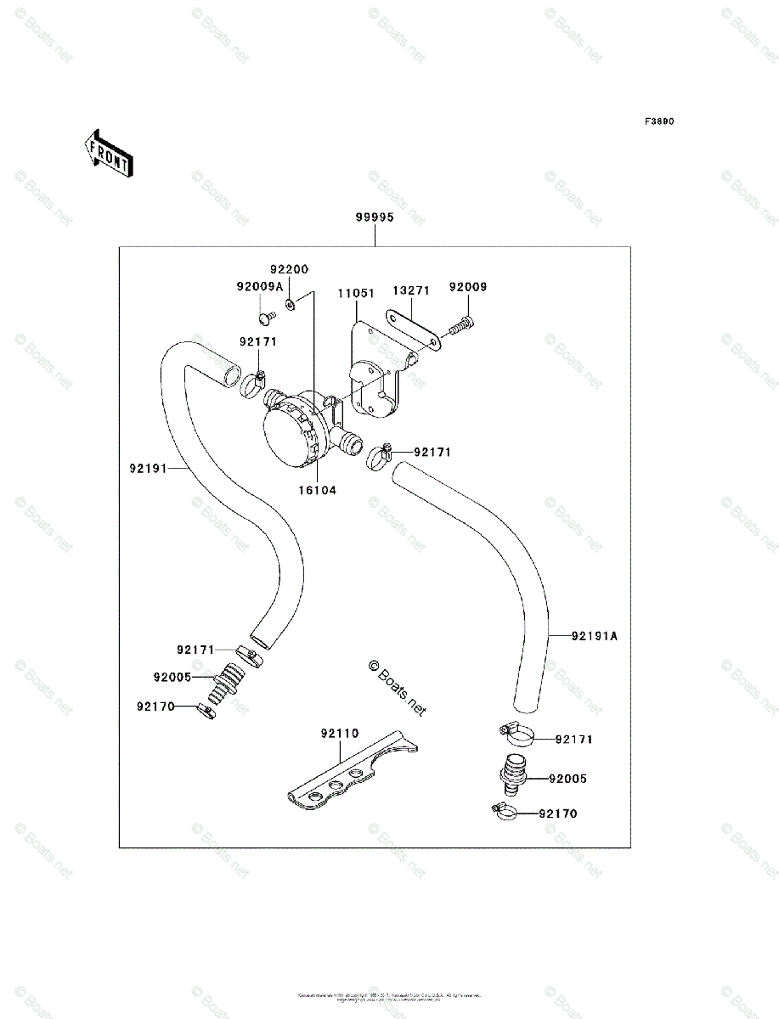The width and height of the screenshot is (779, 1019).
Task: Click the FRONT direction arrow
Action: (x=106, y=152)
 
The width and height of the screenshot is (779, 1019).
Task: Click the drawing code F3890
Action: (x=658, y=121)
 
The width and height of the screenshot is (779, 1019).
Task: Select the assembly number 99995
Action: (x=375, y=217)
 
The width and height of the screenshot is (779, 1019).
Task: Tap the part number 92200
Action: (x=290, y=269)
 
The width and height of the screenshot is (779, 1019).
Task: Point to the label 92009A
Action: (x=260, y=287)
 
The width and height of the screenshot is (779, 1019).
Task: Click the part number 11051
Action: (x=356, y=293)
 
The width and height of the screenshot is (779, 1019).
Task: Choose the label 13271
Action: (x=411, y=290)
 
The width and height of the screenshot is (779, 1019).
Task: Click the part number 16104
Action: (x=316, y=490)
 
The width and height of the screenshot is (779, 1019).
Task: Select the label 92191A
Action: (x=595, y=635)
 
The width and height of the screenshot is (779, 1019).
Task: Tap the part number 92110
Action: (x=340, y=733)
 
